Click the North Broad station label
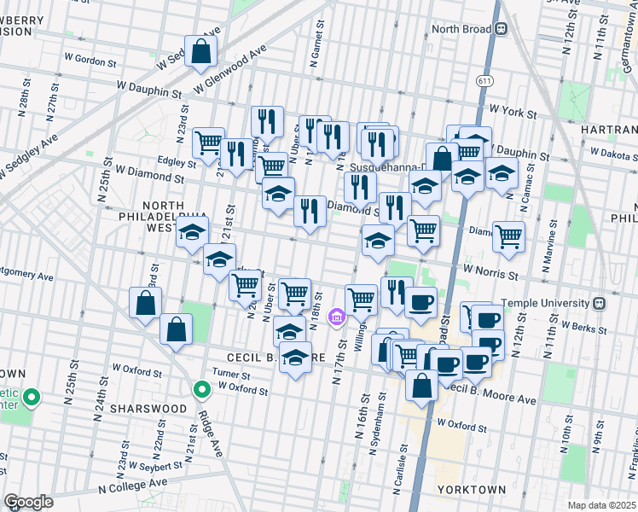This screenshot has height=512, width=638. point(461,28)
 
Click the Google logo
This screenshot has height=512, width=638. point(28,501)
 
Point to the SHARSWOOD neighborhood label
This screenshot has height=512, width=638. point(153,408)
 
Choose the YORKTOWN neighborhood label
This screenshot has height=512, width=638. point(471,490)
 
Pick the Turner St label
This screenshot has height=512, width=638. point(231,375)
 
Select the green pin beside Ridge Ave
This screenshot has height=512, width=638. point(202,390)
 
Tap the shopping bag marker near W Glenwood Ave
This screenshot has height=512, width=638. point(200,51)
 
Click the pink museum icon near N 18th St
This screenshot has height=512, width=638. point(337,318)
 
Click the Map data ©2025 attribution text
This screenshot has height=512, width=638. point(600,504)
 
